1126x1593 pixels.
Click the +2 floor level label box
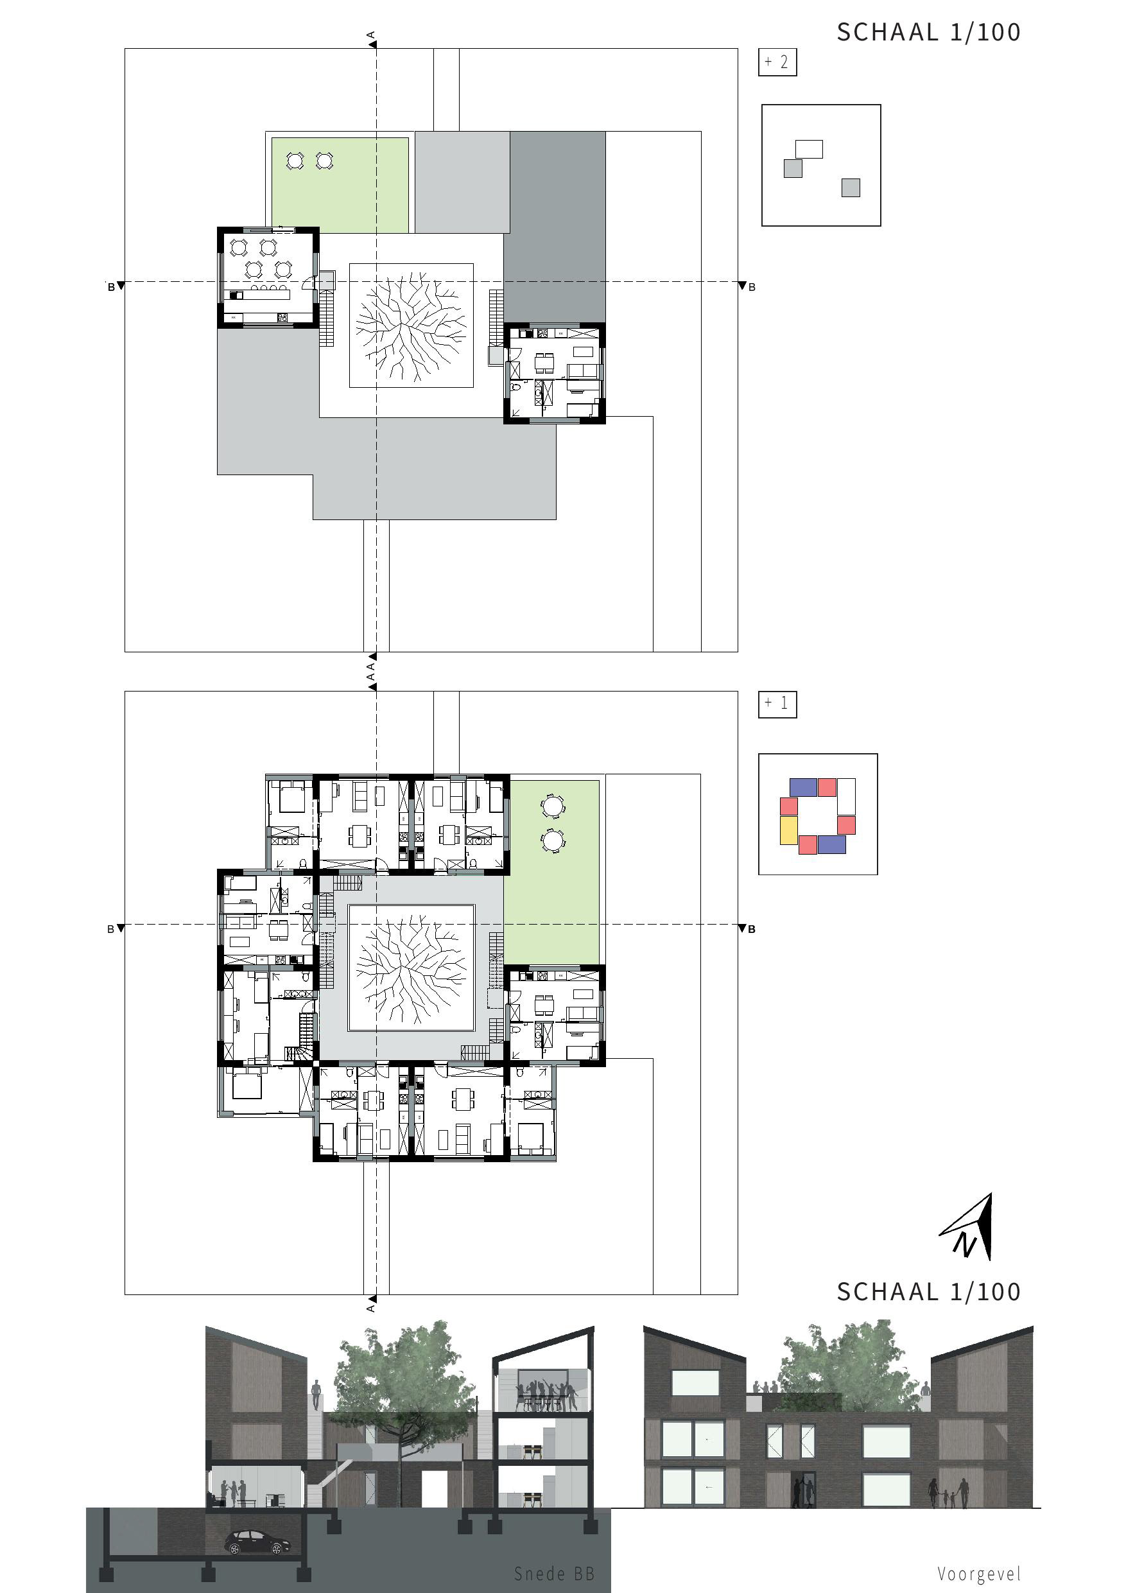777,62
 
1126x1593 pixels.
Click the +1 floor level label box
777,704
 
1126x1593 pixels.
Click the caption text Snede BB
554,1574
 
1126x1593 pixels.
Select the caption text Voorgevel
979,1574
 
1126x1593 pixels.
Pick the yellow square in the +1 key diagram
788,830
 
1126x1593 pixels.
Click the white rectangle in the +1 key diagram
846,796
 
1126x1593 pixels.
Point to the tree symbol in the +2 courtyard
411,326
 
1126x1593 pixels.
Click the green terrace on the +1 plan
551,872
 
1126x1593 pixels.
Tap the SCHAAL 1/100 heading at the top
928,32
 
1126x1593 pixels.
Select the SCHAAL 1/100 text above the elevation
928,1291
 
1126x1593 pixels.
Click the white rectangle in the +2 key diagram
809,149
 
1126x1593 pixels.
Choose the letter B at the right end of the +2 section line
751,287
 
